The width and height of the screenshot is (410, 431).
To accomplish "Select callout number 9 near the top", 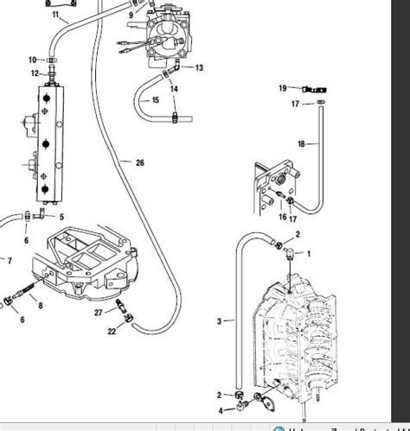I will pos(131,14).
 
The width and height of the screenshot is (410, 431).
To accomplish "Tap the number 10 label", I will pos(33,60).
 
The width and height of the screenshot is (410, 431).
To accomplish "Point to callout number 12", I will pos(35,73).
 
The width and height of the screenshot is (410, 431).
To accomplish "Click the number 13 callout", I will pos(199,67).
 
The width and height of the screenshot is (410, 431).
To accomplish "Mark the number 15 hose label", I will pos(156,100).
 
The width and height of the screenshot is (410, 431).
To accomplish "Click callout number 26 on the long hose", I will pos(140,162).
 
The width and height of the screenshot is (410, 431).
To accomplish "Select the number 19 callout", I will pos(282,87).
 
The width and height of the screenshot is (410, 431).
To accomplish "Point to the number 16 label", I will pos(281,219).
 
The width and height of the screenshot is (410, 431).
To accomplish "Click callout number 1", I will pos(311,253).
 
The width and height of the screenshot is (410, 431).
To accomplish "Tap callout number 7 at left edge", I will pos(10,260).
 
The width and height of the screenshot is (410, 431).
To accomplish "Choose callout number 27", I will pos(99,312).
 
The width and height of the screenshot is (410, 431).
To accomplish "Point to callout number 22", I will pos(112,332).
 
